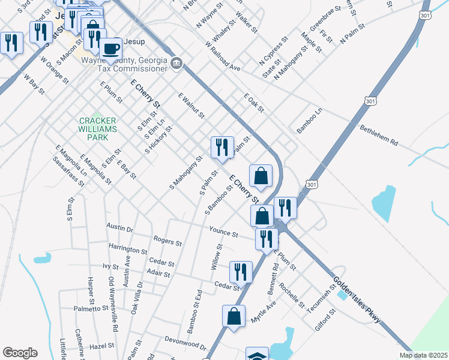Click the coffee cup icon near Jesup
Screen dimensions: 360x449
pyautogui.click(x=110, y=49)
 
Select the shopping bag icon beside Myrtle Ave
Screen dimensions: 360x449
pyautogui.click(x=234, y=316)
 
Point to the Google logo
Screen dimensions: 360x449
pyautogui.click(x=20, y=353)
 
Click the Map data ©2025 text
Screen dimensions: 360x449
pyautogui.click(x=424, y=355)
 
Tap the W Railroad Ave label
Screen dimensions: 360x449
pyautogui.click(x=222, y=56)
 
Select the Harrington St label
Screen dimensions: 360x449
pyautogui.click(x=128, y=249)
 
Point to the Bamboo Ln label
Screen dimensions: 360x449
pyautogui.click(x=310, y=120)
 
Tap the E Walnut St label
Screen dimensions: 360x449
pyautogui.click(x=191, y=105)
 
